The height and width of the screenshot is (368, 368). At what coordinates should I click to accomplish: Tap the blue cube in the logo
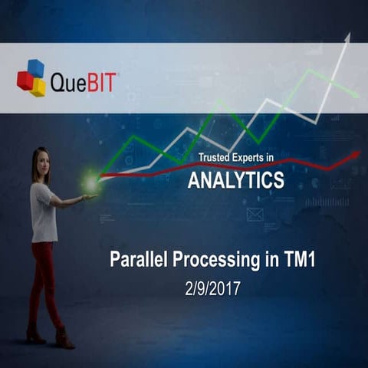click(36, 68)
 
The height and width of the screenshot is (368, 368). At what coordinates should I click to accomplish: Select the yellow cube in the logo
click(38, 87)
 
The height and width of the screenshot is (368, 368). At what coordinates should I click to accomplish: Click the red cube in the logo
click(25, 80)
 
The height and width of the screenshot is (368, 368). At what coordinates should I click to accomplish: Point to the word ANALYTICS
click(235, 180)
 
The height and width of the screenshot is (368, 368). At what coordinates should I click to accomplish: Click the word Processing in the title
click(219, 261)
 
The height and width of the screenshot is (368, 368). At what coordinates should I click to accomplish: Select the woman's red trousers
click(44, 276)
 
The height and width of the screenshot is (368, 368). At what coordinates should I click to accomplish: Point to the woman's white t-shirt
click(44, 212)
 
